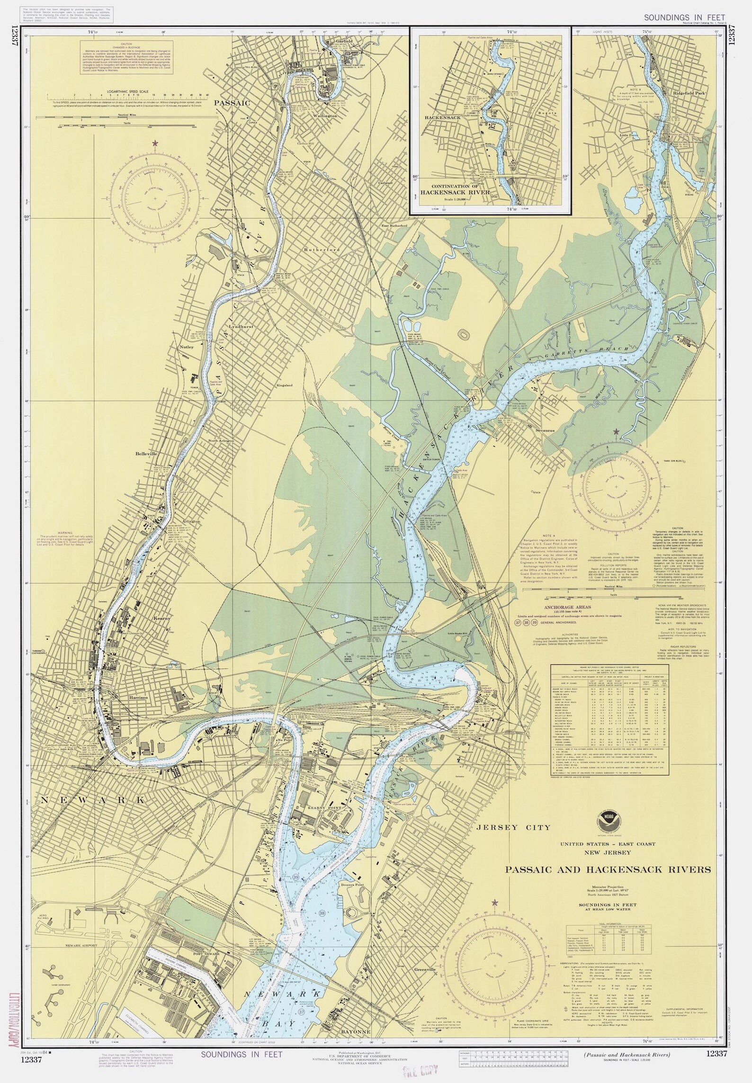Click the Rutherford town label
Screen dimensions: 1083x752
314,249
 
